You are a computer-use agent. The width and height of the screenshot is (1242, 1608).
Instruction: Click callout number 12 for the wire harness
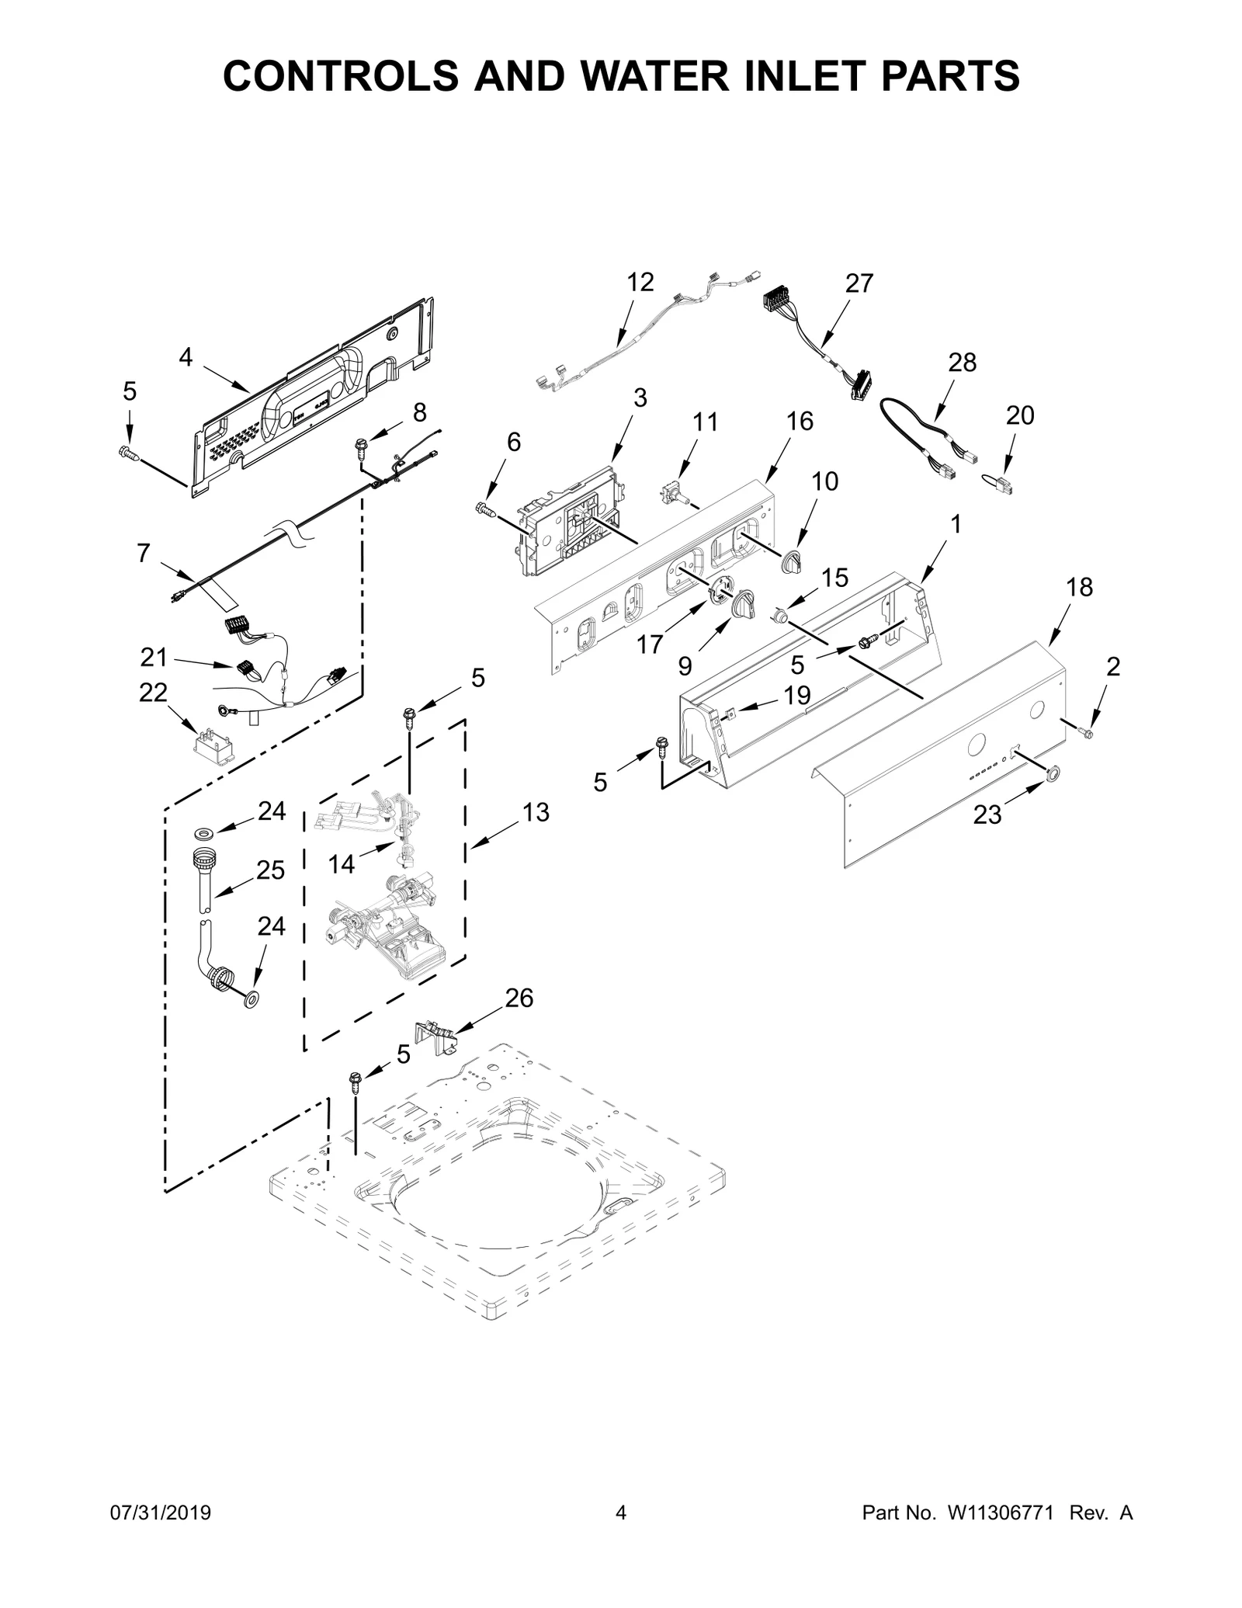coord(640,282)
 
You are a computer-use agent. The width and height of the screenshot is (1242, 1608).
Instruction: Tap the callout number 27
coord(859,283)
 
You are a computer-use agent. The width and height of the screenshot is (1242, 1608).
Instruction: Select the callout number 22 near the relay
coord(153,692)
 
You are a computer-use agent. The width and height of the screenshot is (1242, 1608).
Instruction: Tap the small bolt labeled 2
coord(1085,731)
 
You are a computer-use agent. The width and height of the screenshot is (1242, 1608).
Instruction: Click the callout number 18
coord(1079,587)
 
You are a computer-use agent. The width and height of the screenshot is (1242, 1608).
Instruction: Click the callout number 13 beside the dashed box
coord(536,812)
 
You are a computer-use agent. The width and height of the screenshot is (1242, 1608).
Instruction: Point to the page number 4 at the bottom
coord(620,1535)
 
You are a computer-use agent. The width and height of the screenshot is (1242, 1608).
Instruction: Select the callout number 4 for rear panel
coord(185,357)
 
